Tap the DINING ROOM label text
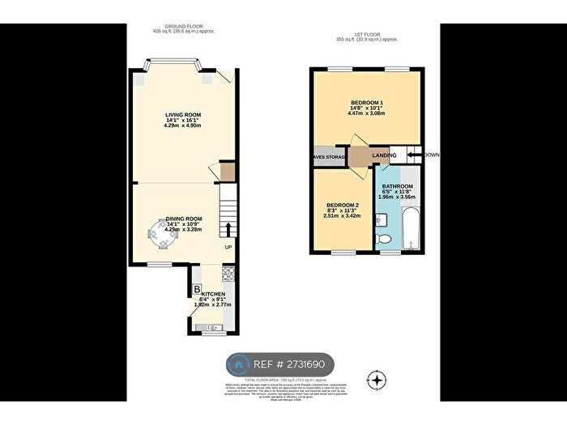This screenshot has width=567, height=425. click(184, 219)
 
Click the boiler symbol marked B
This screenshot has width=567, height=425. click(197, 290)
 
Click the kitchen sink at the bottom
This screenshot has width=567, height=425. click(215, 326)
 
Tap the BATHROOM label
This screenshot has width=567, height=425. click(398, 186)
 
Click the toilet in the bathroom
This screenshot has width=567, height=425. click(386, 237)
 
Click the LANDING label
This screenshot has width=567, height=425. click(385, 155)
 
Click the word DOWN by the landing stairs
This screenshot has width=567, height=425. click(431, 154)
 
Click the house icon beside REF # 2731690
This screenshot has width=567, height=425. click(238, 365)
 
